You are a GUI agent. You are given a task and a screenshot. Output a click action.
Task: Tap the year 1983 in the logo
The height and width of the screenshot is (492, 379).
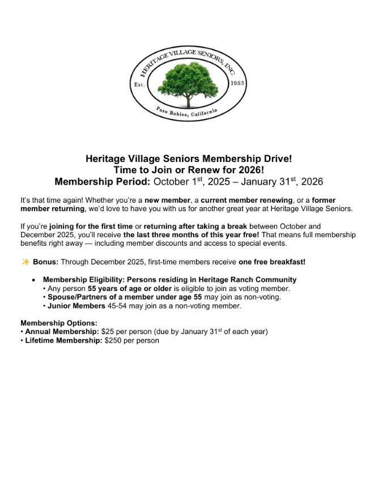click(237, 83)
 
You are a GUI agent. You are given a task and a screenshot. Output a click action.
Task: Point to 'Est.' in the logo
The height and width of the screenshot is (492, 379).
click(139, 85)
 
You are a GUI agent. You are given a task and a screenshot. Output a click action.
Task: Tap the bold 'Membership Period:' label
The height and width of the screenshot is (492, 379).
click(103, 182)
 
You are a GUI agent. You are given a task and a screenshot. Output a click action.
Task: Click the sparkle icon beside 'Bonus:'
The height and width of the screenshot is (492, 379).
click(25, 261)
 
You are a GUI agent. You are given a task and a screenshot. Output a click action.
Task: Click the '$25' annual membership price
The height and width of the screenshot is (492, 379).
click(108, 331)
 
